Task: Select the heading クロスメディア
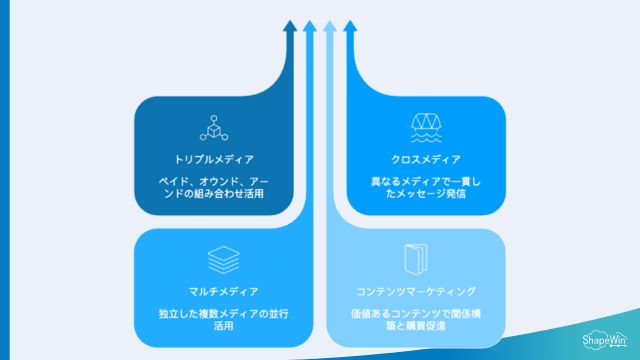[425, 159]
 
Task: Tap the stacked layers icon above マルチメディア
[221, 260]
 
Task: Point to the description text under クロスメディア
[425, 187]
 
